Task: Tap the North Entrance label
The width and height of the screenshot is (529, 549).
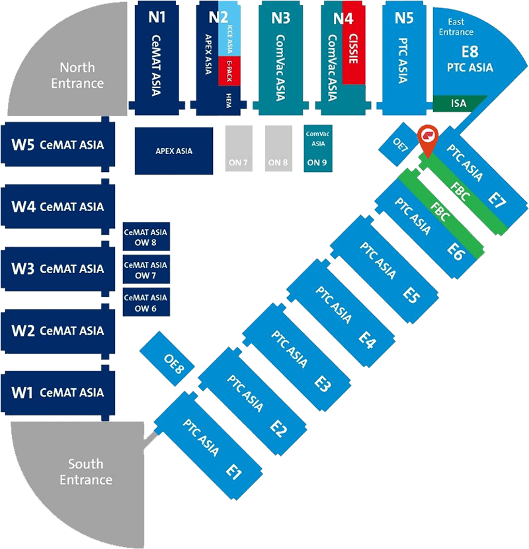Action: coord(82,75)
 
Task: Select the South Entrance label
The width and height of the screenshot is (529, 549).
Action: coord(86,472)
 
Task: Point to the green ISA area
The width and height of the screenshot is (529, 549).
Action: coord(459,103)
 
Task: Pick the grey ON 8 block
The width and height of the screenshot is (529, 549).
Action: coord(278,147)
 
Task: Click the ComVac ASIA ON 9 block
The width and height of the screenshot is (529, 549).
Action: coord(317,147)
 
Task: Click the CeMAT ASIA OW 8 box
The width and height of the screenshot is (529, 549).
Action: coord(145,237)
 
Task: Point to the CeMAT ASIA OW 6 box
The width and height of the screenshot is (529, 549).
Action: coord(145,303)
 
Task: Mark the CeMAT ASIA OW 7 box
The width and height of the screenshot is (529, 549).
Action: coord(145,270)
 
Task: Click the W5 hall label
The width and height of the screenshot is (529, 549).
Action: coord(22,144)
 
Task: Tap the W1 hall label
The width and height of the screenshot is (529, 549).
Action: coord(22,392)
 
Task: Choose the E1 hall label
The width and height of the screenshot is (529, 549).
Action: coord(233,470)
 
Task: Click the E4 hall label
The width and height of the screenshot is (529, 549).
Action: coord(367,341)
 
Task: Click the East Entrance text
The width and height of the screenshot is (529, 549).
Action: coord(456,27)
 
